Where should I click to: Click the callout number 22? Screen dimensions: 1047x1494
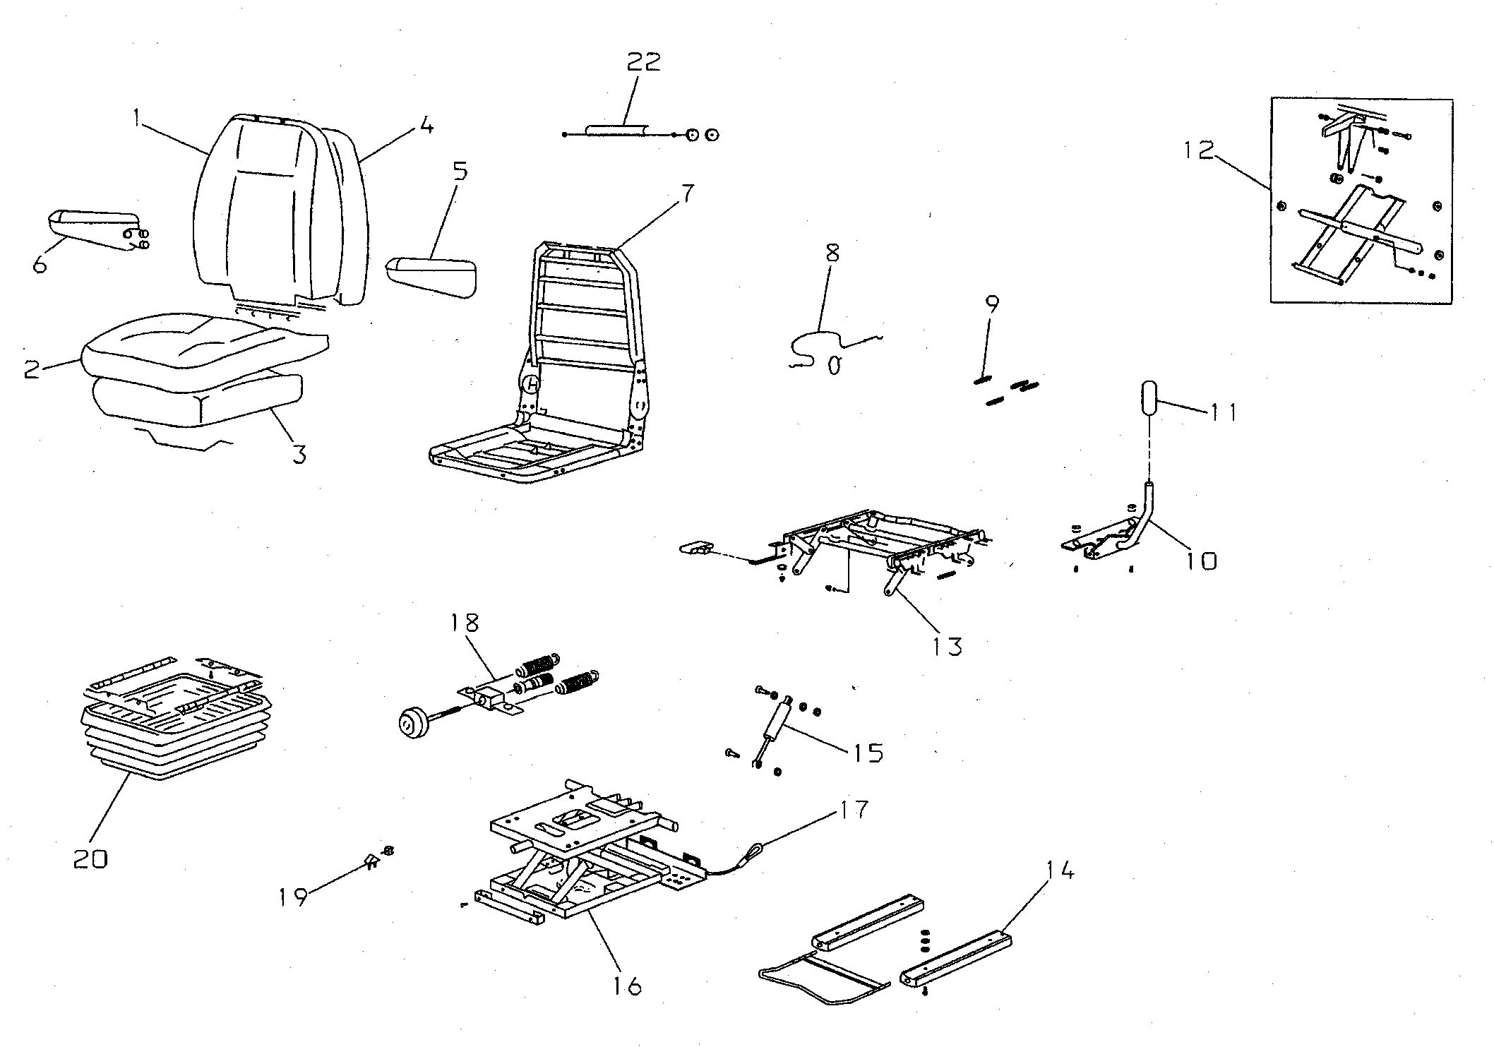[x=643, y=61]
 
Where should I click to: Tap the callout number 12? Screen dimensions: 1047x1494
[x=1199, y=150]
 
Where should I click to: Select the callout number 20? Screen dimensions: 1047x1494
[x=91, y=859]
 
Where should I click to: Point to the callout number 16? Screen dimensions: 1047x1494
[x=627, y=985]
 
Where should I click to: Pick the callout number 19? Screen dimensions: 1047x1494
[x=292, y=897]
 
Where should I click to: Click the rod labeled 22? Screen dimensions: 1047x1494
[x=614, y=131]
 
